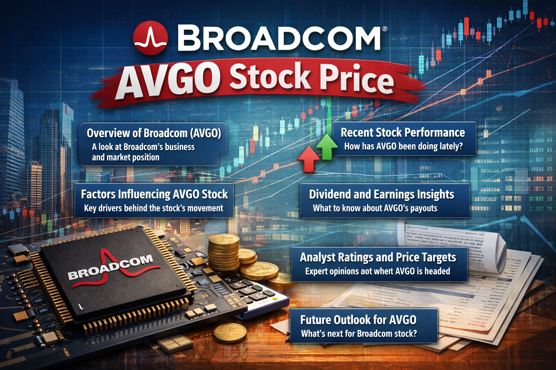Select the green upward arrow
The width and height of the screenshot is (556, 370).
pyautogui.click(x=327, y=146)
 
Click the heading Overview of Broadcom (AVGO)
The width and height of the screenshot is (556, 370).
pyautogui.click(x=153, y=133)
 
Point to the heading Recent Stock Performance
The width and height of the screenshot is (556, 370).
pyautogui.click(x=403, y=133)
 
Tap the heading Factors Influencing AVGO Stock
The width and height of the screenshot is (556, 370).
pyautogui.click(x=154, y=194)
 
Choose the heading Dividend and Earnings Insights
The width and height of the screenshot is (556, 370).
pyautogui.click(x=381, y=194)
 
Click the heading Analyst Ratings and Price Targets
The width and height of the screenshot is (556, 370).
pyautogui.click(x=378, y=257)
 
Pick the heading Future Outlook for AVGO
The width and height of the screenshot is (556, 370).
pyautogui.click(x=358, y=320)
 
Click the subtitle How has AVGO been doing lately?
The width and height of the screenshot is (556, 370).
pyautogui.click(x=403, y=146)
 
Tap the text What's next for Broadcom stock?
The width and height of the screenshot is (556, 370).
pyautogui.click(x=358, y=334)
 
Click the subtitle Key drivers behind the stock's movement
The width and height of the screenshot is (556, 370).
pyautogui.click(x=153, y=208)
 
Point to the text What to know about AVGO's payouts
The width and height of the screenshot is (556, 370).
pyautogui.click(x=375, y=208)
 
